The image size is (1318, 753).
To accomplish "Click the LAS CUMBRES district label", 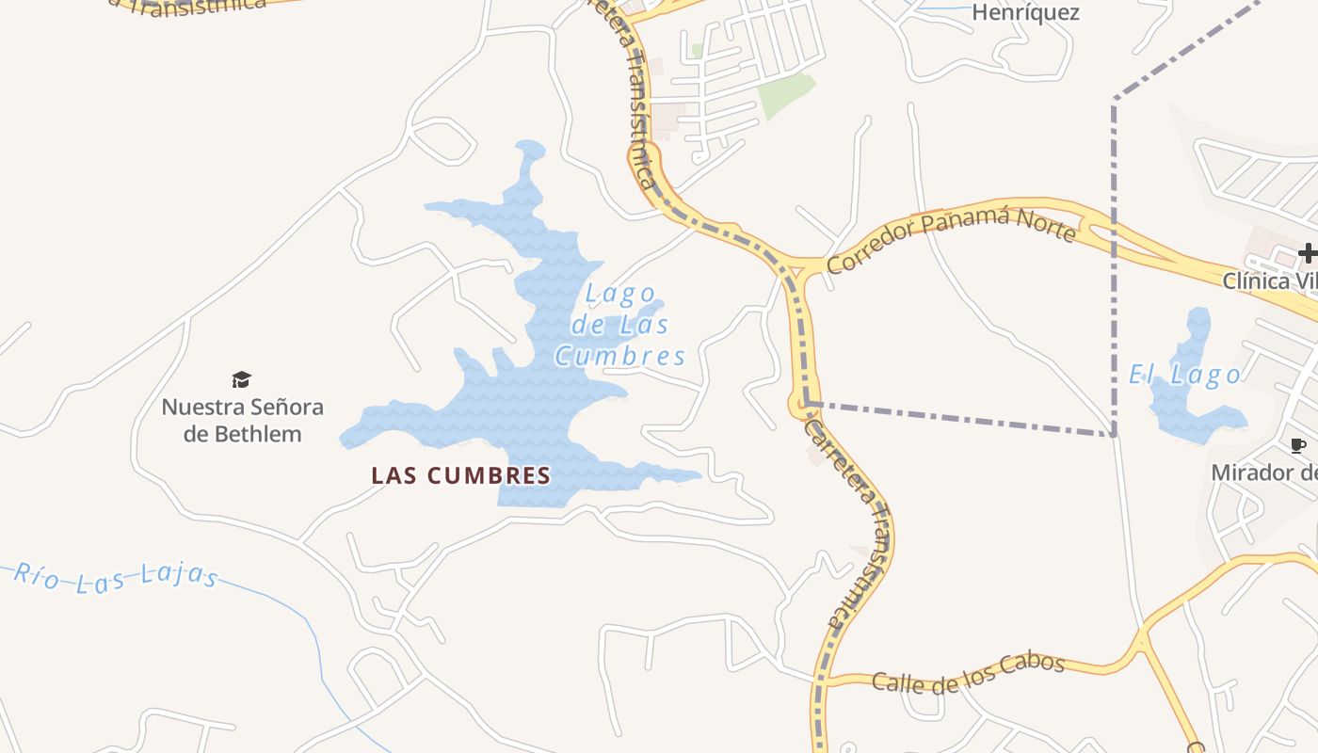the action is [x=460, y=475].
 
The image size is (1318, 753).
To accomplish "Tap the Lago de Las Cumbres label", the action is [x=619, y=325].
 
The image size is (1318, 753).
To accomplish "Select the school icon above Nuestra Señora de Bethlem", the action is [x=242, y=379].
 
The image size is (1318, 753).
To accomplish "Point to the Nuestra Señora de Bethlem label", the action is [x=243, y=421].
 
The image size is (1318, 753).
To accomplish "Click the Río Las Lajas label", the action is [x=116, y=575].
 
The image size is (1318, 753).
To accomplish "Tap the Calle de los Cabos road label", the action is [x=968, y=673].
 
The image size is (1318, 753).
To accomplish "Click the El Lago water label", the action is [x=1184, y=376].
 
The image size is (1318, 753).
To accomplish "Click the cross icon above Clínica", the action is [x=1308, y=252].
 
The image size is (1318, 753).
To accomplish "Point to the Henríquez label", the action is [x=1025, y=13].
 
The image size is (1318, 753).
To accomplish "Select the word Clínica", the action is [x=1256, y=280].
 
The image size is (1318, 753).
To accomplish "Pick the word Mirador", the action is [x=1251, y=473].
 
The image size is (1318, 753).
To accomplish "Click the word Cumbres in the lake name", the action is [x=619, y=356].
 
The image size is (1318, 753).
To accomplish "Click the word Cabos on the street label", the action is [x=1031, y=665].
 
